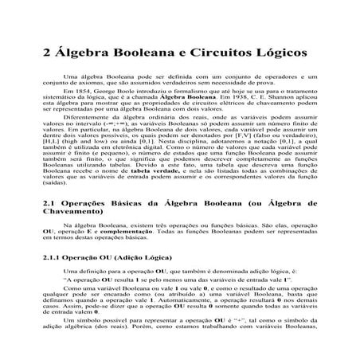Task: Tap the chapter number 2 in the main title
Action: point(45,52)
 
